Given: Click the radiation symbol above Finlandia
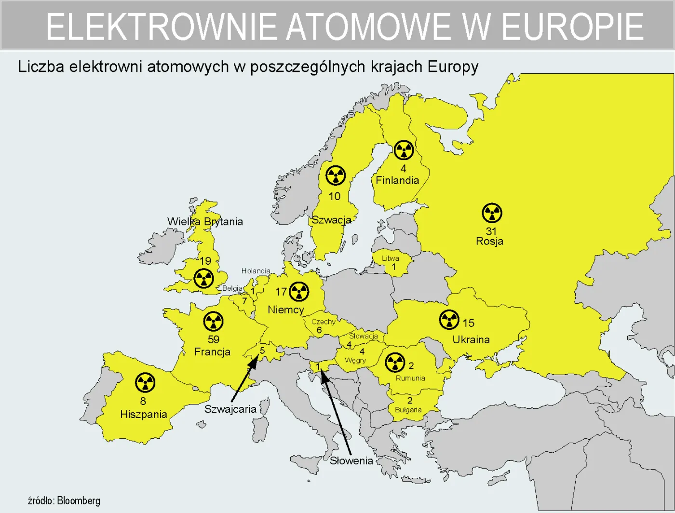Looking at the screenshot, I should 404,150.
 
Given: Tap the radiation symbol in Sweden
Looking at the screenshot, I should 336,175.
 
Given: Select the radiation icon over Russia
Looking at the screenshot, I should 492,213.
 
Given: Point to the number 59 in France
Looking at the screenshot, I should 214,339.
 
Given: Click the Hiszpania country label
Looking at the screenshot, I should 143,414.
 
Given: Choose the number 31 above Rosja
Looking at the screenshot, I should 491,231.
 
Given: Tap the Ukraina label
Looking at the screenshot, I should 471,339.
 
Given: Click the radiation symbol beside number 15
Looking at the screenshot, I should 449,319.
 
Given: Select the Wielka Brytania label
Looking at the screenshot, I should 205,221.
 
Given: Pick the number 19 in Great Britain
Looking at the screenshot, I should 205,261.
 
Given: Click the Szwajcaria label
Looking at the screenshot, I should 230,409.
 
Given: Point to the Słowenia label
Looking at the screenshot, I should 351,460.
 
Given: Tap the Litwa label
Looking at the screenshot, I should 390,258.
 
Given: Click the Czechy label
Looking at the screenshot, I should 323,322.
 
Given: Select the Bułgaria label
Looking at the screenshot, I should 408,410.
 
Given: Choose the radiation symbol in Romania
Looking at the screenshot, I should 395,362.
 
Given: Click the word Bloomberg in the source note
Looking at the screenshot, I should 79,500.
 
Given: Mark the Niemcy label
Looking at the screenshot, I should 285,310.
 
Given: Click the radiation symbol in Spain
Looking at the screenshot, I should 145,383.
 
